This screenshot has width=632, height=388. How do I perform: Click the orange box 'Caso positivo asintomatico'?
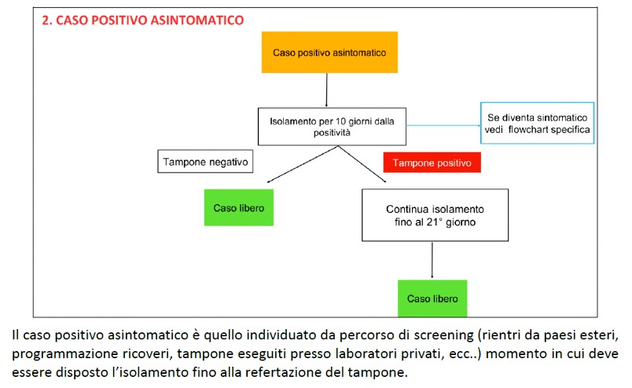[329, 53]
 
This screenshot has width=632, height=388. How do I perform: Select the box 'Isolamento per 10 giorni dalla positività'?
[333, 126]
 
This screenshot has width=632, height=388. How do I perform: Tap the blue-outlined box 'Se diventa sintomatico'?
[538, 123]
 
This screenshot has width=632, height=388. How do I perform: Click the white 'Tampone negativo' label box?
[205, 162]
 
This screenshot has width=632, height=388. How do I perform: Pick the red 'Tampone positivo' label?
[432, 163]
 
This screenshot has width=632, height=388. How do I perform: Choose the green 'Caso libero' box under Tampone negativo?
[239, 207]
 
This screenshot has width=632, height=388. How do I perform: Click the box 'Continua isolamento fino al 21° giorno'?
[435, 215]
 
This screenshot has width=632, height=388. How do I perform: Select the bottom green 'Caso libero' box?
[432, 298]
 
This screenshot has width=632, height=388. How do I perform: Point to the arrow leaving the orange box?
[326, 90]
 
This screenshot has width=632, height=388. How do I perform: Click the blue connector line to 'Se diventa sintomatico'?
[443, 126]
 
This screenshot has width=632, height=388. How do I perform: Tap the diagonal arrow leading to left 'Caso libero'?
[303, 164]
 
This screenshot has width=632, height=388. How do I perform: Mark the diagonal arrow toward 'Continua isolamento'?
[362, 164]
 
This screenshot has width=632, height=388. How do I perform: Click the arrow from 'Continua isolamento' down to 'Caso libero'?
[432, 261]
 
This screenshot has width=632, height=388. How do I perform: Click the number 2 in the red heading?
[46, 20]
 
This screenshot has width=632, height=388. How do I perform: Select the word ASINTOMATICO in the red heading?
[197, 20]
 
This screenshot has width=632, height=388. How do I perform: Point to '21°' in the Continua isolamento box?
[435, 222]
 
